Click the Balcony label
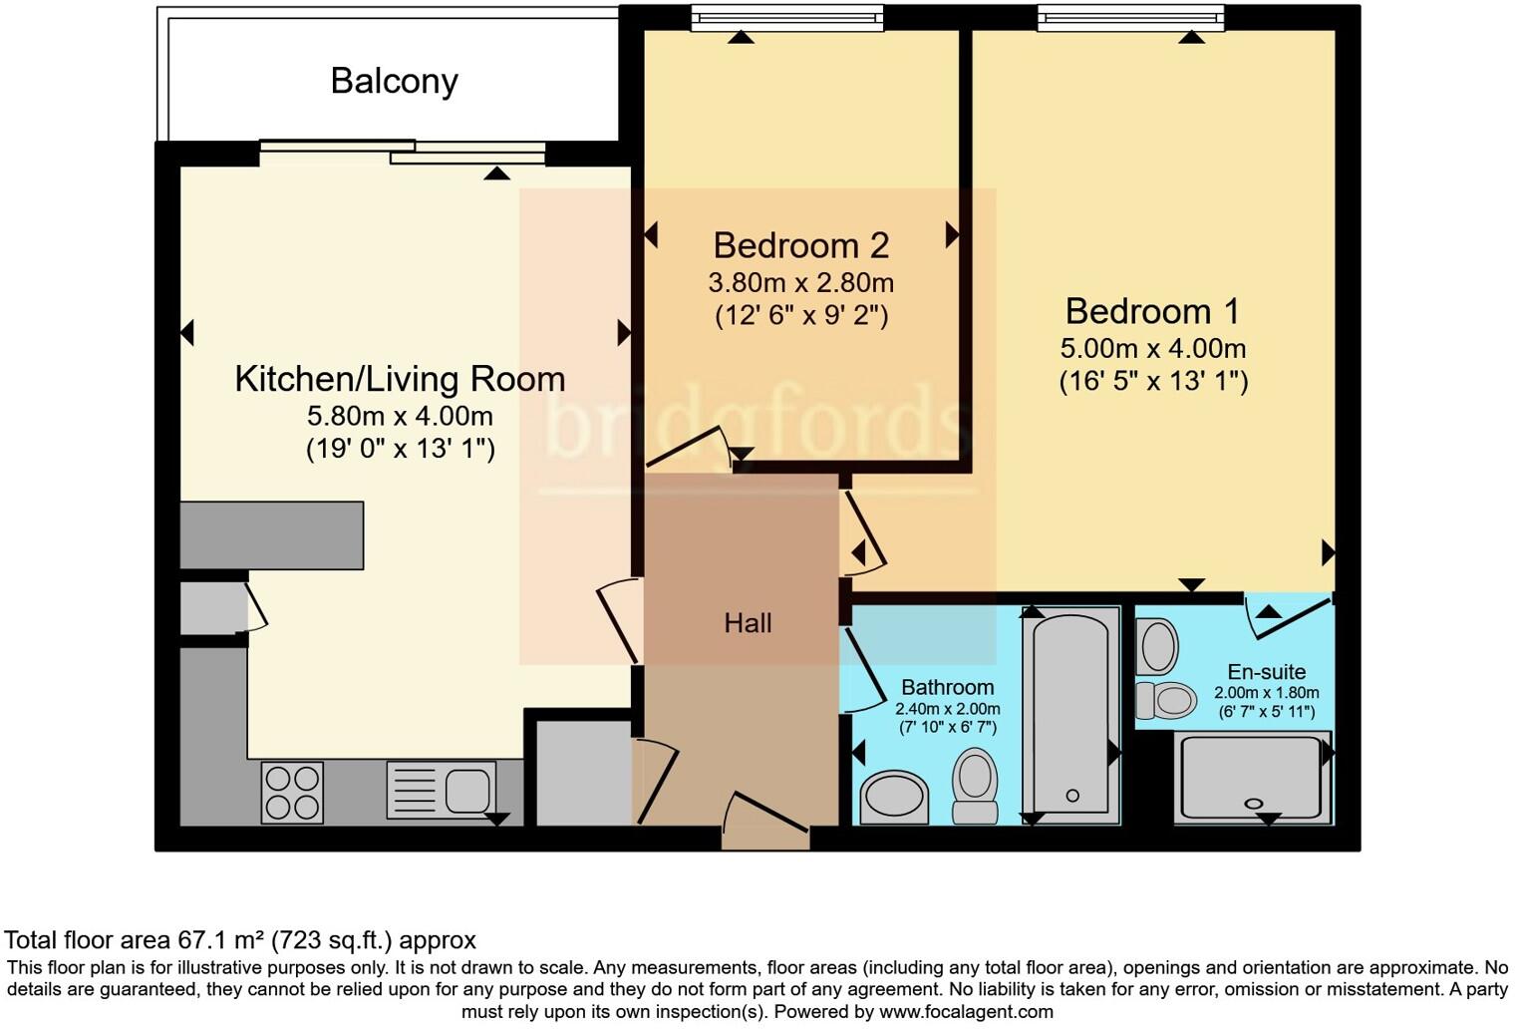395,82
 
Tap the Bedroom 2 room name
800,245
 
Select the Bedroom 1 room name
1152,312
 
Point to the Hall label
748,623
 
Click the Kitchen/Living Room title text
400,379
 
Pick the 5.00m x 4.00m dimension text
1152,348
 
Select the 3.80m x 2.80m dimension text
800,283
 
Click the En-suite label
1266,672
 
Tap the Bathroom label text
948,687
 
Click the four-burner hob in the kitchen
292,793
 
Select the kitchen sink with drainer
441,790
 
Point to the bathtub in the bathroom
1071,715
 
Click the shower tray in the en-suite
1253,778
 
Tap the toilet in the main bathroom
975,785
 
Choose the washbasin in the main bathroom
894,799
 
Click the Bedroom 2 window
787,18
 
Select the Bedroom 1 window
1131,18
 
